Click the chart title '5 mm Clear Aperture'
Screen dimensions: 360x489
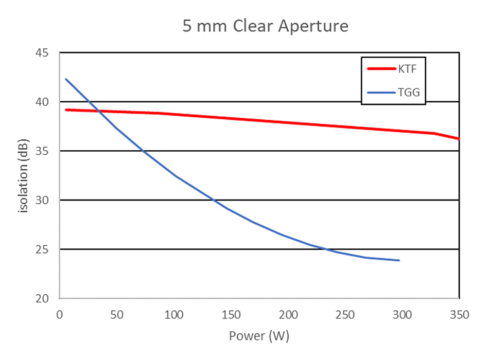266,26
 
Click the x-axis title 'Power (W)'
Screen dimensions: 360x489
259,336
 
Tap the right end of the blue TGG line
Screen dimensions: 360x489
399,260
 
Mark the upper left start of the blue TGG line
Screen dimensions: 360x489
66,79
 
